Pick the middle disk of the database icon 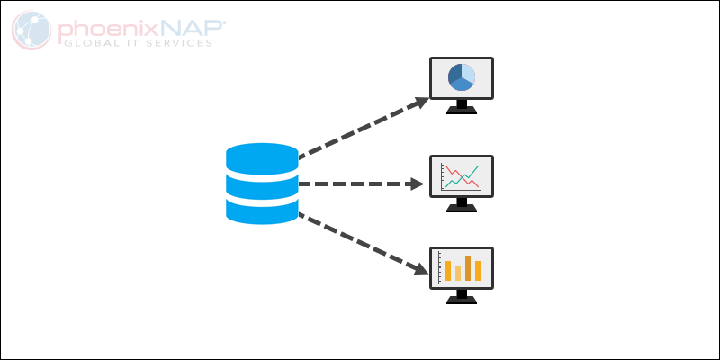(x=262, y=184)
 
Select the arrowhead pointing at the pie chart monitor (x=420, y=101)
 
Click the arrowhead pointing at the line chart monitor (x=417, y=184)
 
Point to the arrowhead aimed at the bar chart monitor (x=420, y=267)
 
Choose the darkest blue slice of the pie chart (x=454, y=76)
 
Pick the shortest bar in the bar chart (x=458, y=273)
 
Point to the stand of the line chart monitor (x=462, y=203)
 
